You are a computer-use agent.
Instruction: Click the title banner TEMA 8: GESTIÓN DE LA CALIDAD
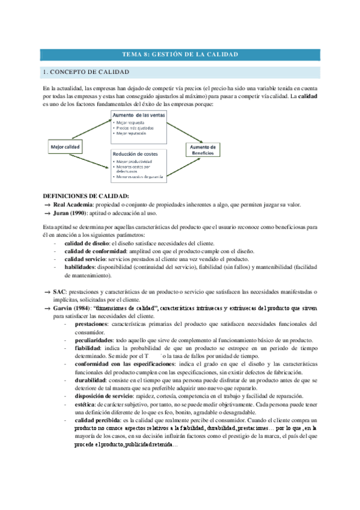coord(180,55)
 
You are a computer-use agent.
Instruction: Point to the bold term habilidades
coord(84,268)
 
